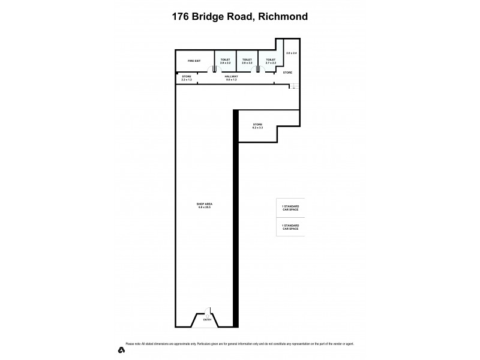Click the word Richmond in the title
click(x=282, y=17)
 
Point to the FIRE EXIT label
click(x=193, y=61)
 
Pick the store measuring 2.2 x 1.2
click(x=187, y=78)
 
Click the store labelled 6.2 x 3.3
click(x=257, y=126)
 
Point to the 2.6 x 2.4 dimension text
click(x=292, y=53)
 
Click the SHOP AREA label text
click(x=205, y=204)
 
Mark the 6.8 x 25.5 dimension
click(x=205, y=208)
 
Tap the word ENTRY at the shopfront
click(x=207, y=320)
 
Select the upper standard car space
click(x=290, y=208)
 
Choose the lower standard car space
click(x=290, y=227)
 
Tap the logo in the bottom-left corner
click(x=121, y=349)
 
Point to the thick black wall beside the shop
click(x=236, y=216)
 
